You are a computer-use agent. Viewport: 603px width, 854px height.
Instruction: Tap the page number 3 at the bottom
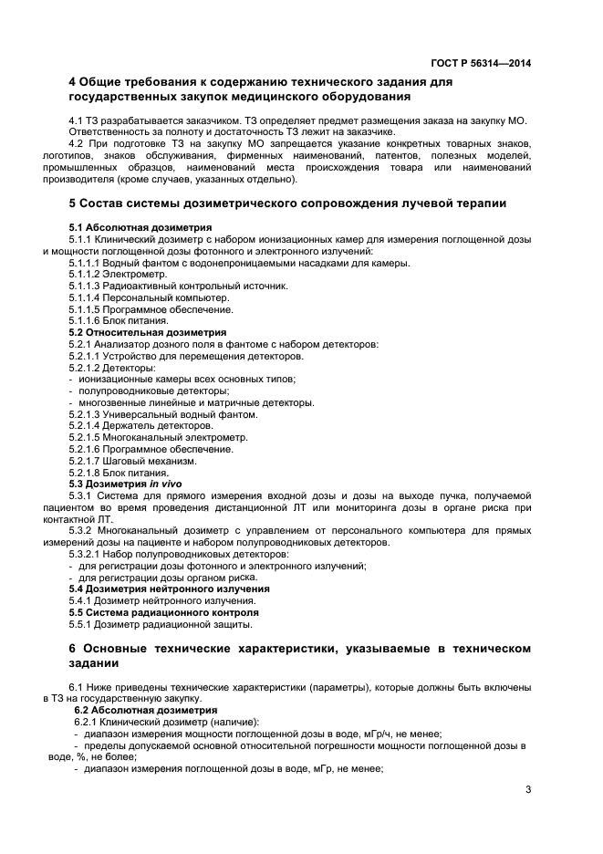(x=527, y=788)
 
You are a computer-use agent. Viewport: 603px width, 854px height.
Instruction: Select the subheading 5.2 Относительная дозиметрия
(x=148, y=333)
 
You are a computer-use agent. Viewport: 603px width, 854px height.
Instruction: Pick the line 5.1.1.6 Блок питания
(x=119, y=321)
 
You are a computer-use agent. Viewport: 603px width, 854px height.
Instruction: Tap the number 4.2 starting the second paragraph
(x=77, y=144)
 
